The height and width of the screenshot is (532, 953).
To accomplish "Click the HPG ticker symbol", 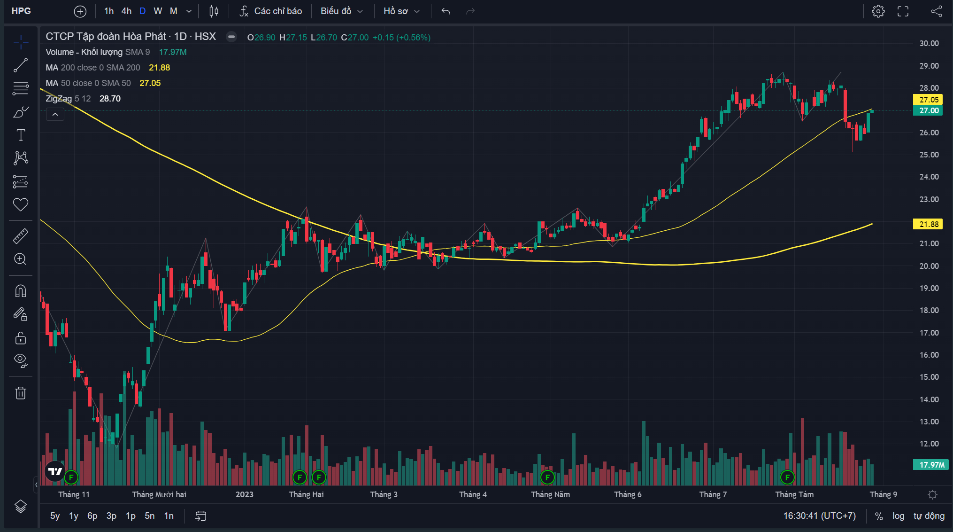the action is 21,11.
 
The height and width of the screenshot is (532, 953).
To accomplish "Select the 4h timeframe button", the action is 126,11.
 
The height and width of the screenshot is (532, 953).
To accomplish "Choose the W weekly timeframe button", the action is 158,11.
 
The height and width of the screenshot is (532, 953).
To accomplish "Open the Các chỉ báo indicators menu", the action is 270,11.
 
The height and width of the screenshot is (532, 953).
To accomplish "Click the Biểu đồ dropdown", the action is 342,11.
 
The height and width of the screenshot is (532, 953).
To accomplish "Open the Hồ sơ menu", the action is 401,11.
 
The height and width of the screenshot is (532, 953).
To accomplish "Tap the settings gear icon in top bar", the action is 878,11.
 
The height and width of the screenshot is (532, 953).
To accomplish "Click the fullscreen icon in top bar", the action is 903,11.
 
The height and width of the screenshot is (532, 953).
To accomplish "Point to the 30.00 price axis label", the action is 929,43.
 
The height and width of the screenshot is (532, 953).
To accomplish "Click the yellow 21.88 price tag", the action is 928,224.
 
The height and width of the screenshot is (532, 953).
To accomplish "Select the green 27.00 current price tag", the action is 928,110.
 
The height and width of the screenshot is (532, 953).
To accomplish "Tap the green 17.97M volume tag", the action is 931,465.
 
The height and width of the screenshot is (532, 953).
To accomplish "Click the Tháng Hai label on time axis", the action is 306,494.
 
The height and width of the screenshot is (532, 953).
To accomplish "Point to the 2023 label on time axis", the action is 245,494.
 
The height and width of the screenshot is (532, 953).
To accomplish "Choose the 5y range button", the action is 55,516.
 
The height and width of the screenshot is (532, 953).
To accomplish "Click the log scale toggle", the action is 898,516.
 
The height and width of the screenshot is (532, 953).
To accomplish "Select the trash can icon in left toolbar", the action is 21,393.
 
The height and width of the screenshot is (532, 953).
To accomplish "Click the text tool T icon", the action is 21,135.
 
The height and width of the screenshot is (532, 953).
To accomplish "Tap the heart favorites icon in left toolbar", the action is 21,204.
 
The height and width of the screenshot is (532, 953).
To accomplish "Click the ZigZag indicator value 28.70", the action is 110,99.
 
